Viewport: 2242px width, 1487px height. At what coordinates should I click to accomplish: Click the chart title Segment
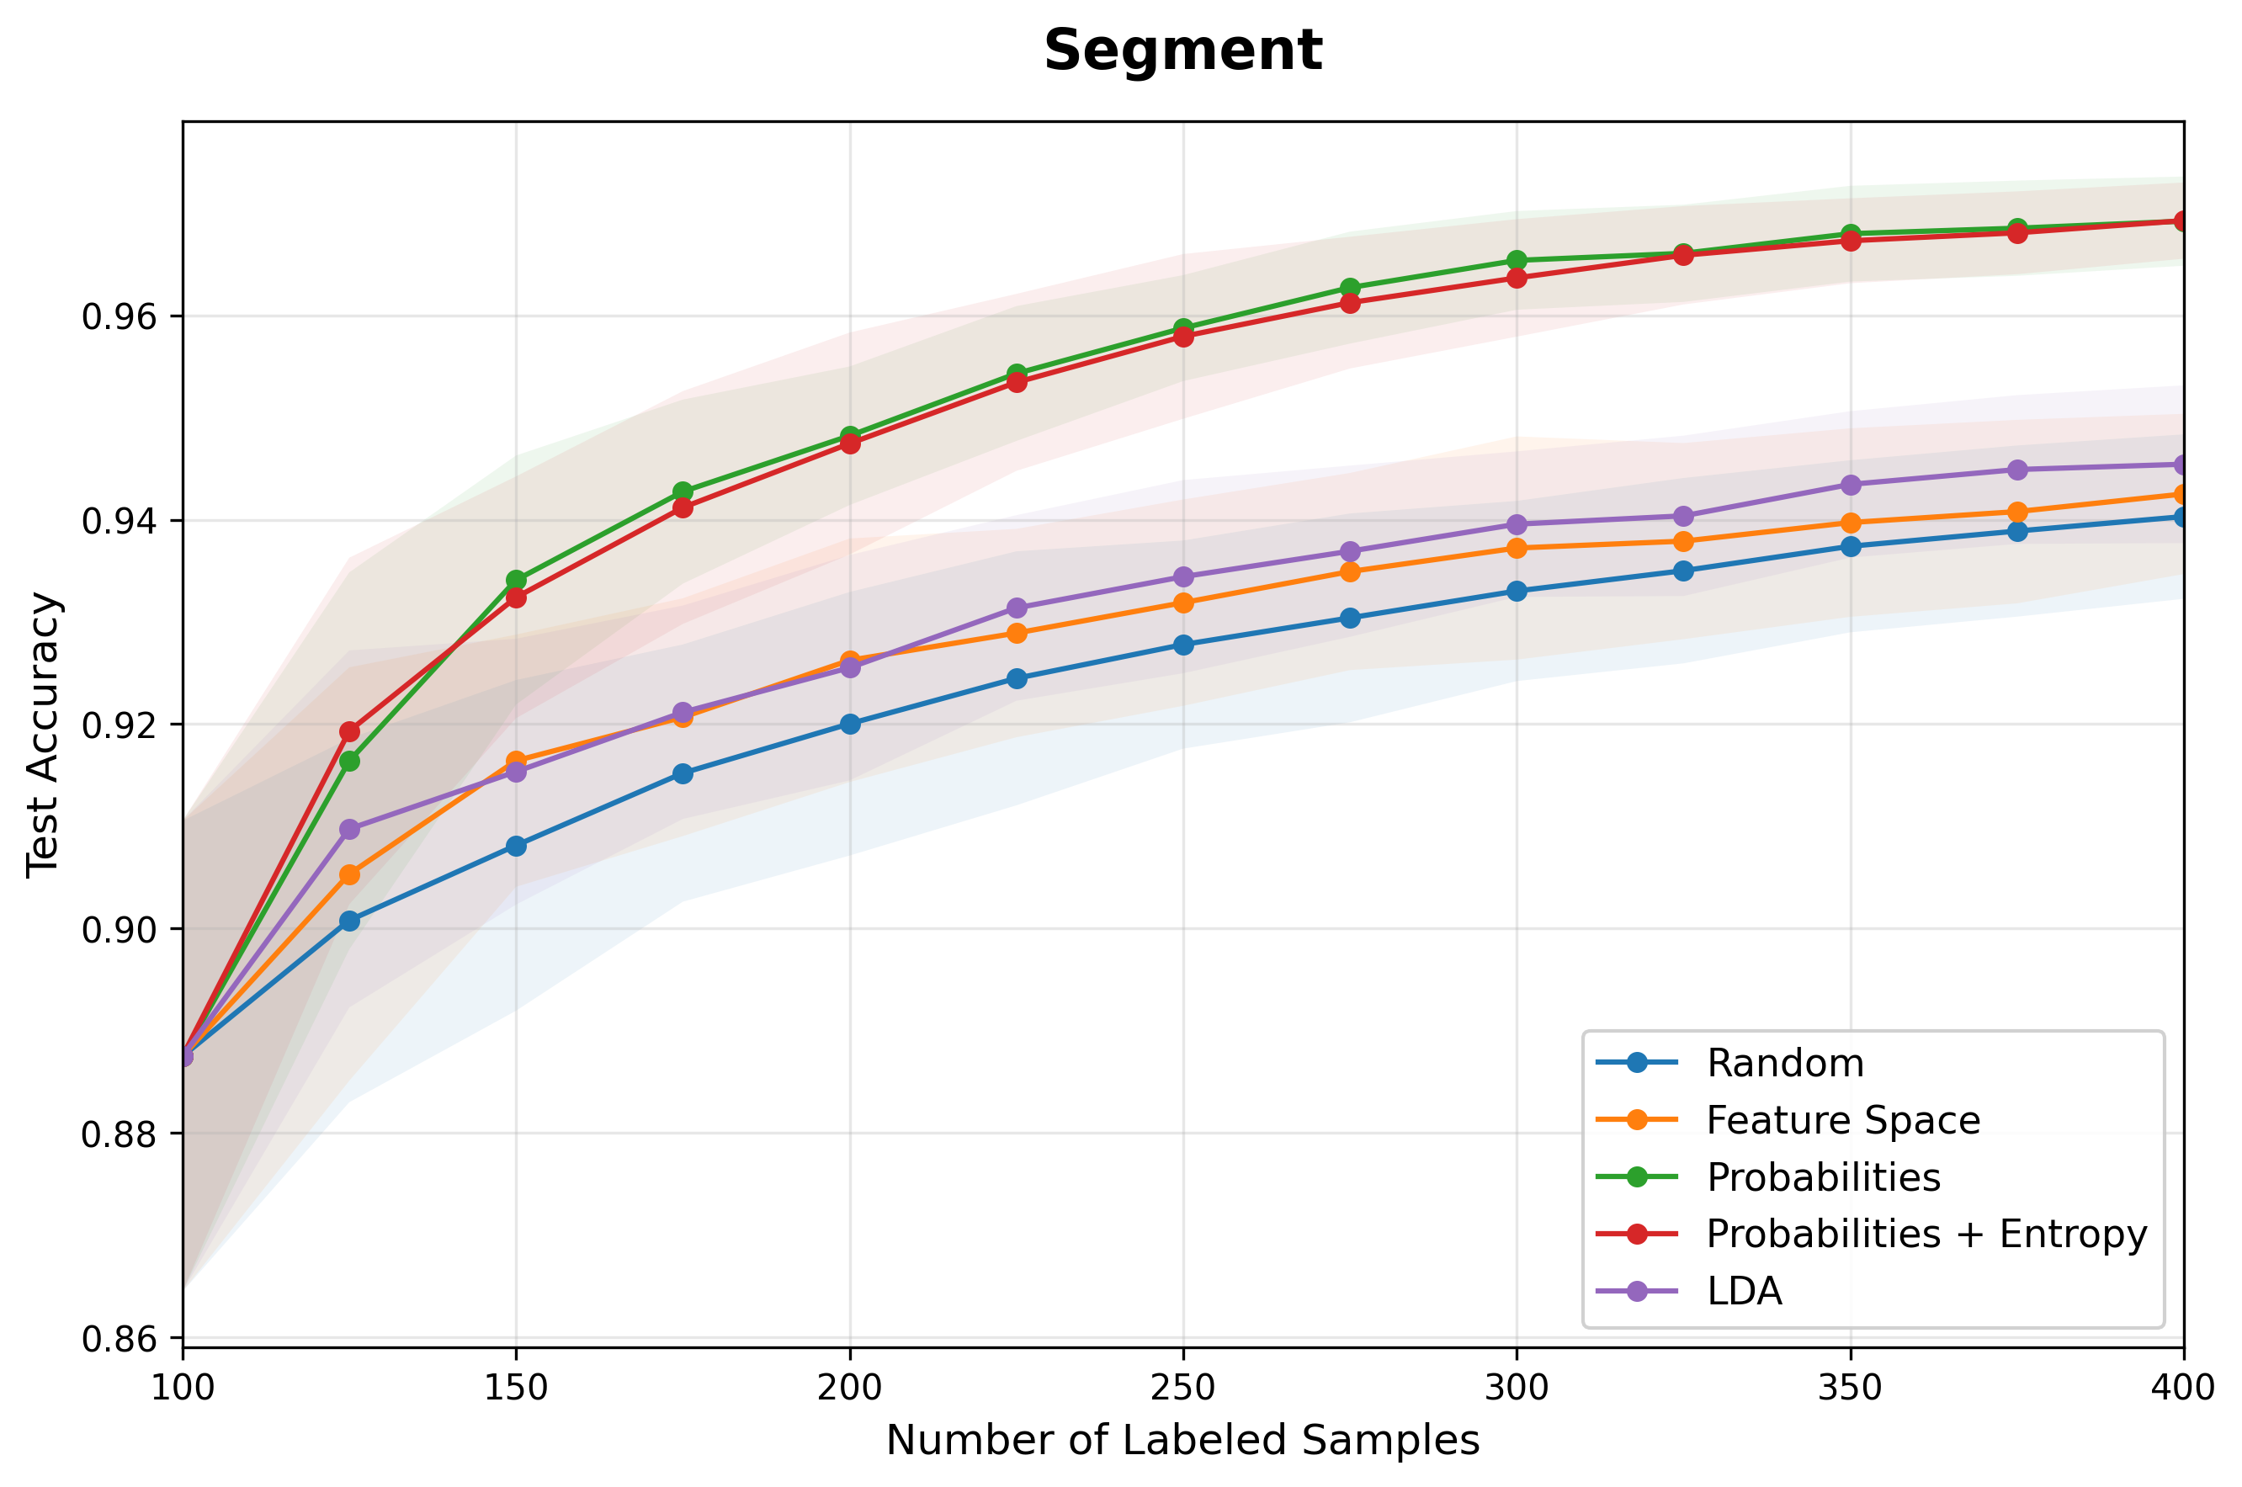point(1182,50)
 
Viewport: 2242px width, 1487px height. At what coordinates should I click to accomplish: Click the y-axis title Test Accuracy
point(43,735)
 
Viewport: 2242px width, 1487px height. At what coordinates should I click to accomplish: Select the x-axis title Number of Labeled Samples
point(1182,1440)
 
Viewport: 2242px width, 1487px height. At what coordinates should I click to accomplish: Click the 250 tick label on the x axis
point(1182,1388)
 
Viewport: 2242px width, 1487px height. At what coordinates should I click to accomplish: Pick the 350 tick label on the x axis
point(1849,1388)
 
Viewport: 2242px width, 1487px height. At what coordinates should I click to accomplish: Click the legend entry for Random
point(1731,1063)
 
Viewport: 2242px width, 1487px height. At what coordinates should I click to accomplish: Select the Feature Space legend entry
point(1788,1120)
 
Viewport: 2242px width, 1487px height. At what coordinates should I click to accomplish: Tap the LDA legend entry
point(1689,1291)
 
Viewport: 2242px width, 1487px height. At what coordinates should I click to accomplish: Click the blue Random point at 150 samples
point(516,846)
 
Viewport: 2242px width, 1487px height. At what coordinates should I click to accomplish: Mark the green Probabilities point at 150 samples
point(516,580)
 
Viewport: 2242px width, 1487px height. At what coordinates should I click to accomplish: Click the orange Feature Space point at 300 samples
point(1517,548)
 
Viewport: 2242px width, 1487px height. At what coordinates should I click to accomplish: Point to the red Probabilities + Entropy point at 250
point(1182,337)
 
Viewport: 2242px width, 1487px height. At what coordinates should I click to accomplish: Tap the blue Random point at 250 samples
point(1182,645)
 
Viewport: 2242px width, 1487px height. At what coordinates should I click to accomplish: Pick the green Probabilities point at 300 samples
point(1517,260)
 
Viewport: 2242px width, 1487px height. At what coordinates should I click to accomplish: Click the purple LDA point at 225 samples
point(1017,608)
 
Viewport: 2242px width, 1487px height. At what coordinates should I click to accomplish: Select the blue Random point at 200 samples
point(850,725)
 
